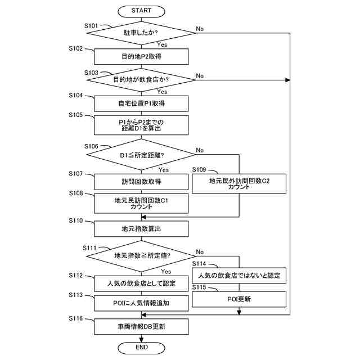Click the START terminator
click(141, 11)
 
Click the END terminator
click(141, 348)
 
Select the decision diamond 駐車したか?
click(141, 33)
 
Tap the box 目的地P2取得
click(141, 57)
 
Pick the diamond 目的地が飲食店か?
click(141, 80)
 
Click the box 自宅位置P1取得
click(141, 103)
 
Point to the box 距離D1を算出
click(141, 125)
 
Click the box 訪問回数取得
click(141, 182)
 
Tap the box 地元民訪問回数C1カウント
click(141, 203)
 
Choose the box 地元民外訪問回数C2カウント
click(239, 184)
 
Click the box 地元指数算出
click(141, 228)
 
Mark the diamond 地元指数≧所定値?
click(141, 256)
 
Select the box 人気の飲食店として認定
click(141, 283)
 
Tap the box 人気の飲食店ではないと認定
click(239, 276)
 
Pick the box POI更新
click(239, 299)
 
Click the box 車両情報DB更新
click(141, 326)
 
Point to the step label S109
click(200, 169)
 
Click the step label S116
click(76, 319)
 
